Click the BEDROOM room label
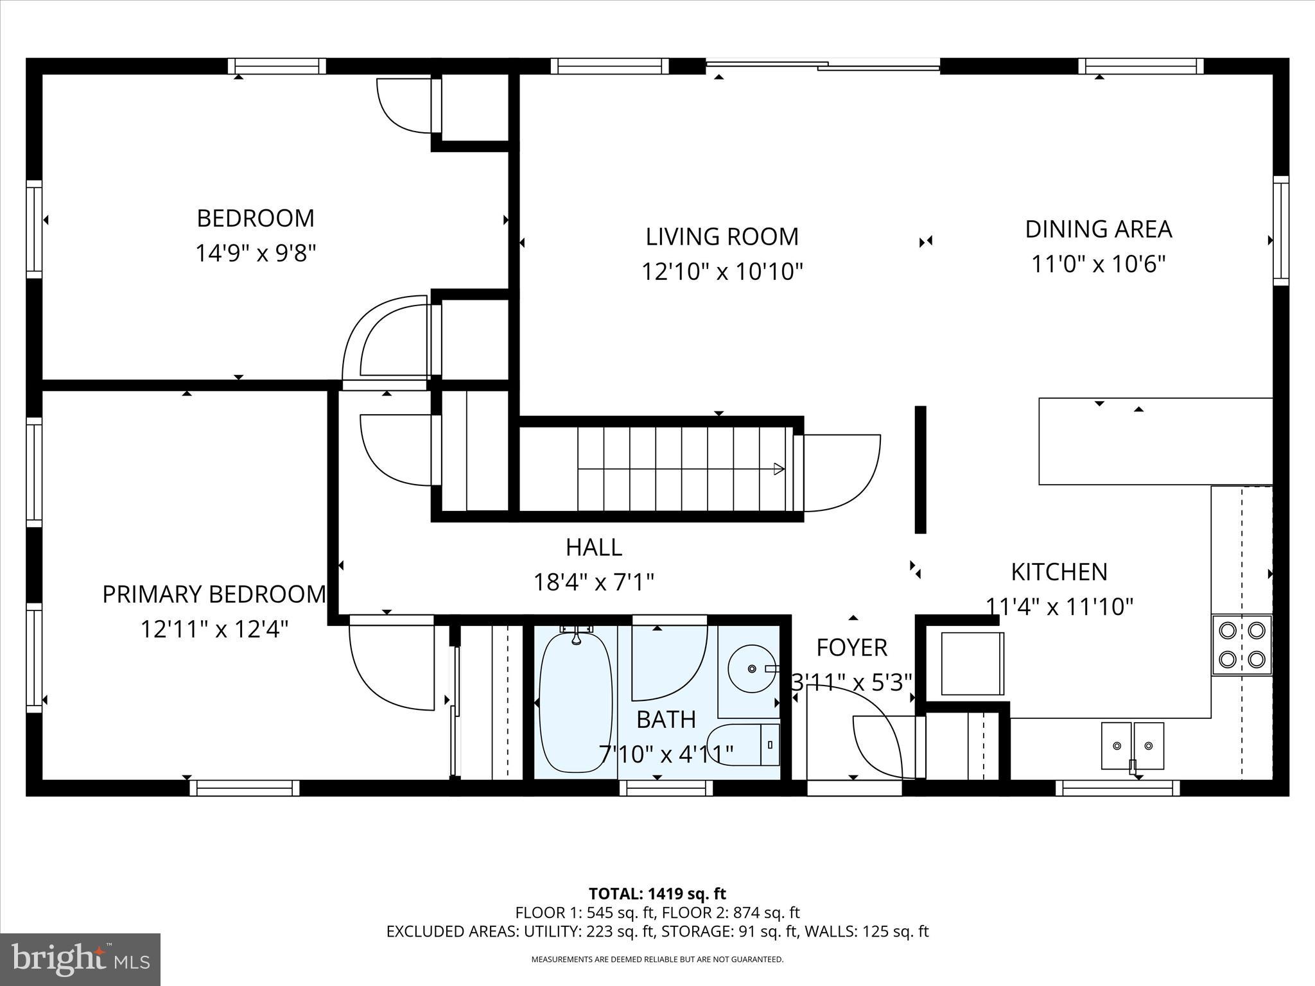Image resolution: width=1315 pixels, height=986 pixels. [x=256, y=219]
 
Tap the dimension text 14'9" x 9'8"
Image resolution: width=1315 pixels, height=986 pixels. [x=256, y=253]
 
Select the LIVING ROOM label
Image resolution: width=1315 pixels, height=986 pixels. [x=722, y=237]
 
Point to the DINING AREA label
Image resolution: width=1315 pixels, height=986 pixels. [x=1098, y=229]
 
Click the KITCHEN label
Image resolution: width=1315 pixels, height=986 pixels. [x=1059, y=572]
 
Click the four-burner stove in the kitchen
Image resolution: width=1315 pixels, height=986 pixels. [x=1242, y=644]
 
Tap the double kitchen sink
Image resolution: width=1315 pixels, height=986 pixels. [x=1132, y=745]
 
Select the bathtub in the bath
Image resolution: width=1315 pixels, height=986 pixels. [x=575, y=702]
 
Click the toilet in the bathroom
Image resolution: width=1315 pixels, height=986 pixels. [x=745, y=745]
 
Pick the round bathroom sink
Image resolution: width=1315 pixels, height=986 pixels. [x=751, y=668]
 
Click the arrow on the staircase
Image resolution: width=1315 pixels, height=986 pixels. [x=778, y=469]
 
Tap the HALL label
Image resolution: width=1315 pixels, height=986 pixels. [x=593, y=548]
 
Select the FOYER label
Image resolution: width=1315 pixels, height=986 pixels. [x=851, y=648]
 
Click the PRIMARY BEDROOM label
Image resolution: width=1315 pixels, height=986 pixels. [x=214, y=594]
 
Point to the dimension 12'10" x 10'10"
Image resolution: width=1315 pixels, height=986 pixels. [x=722, y=272]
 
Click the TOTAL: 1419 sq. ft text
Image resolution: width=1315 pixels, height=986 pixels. [x=657, y=894]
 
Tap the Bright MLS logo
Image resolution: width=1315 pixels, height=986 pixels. [x=80, y=959]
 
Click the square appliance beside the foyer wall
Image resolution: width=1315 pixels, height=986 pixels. [x=972, y=663]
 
